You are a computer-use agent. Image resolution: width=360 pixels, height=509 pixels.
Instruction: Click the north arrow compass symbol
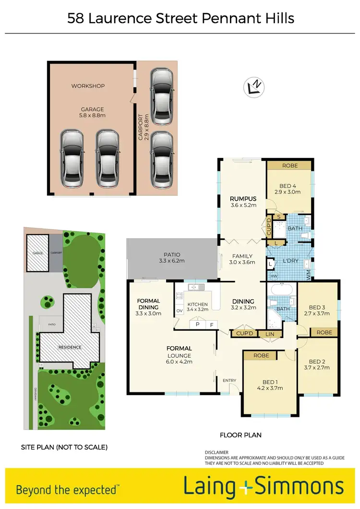point(255,86)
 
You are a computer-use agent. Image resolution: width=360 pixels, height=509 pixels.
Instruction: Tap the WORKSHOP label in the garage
point(88,86)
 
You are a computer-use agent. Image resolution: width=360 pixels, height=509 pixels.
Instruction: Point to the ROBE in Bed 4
point(289,166)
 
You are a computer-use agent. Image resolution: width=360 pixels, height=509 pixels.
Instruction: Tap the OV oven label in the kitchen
point(180,310)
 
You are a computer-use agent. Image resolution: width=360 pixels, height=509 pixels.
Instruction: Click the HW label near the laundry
point(274,276)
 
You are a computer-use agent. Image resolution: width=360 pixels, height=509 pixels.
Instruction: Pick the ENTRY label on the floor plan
point(229,381)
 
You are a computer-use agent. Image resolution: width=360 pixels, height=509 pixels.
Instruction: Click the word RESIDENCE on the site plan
point(70,347)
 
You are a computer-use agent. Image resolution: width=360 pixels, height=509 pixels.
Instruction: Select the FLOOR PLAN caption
point(240,435)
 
